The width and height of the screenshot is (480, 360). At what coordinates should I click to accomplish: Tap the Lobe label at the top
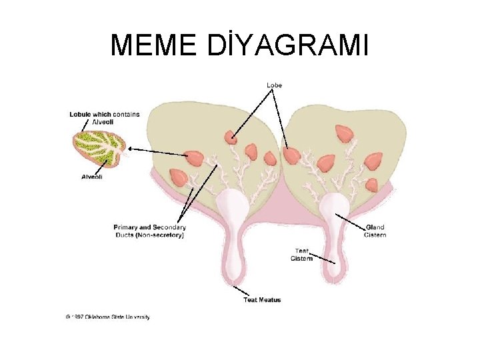(274, 85)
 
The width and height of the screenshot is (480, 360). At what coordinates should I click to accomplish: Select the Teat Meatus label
(262, 300)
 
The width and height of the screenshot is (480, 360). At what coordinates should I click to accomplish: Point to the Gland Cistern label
(375, 231)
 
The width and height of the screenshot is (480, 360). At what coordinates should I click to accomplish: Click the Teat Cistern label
(301, 255)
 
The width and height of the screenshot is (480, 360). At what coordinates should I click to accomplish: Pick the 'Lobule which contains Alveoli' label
(105, 117)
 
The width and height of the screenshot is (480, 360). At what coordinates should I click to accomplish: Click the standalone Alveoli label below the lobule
(91, 177)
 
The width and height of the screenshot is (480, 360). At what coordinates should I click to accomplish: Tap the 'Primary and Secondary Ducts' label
(149, 227)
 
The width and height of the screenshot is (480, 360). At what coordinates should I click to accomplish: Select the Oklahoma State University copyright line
(108, 317)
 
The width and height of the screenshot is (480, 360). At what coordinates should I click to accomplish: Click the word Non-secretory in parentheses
(162, 235)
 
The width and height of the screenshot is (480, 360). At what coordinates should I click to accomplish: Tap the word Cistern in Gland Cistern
(375, 235)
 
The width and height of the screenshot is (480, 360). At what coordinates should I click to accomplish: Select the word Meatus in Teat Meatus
(270, 300)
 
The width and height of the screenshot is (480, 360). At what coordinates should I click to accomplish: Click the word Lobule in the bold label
(81, 114)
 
